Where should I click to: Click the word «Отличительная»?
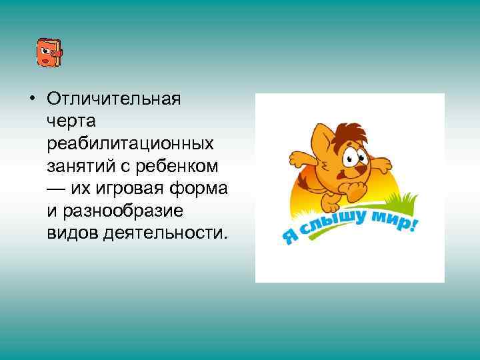[x=114, y=99]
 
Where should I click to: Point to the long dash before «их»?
[x=57, y=189]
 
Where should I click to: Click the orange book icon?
[x=48, y=52]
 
